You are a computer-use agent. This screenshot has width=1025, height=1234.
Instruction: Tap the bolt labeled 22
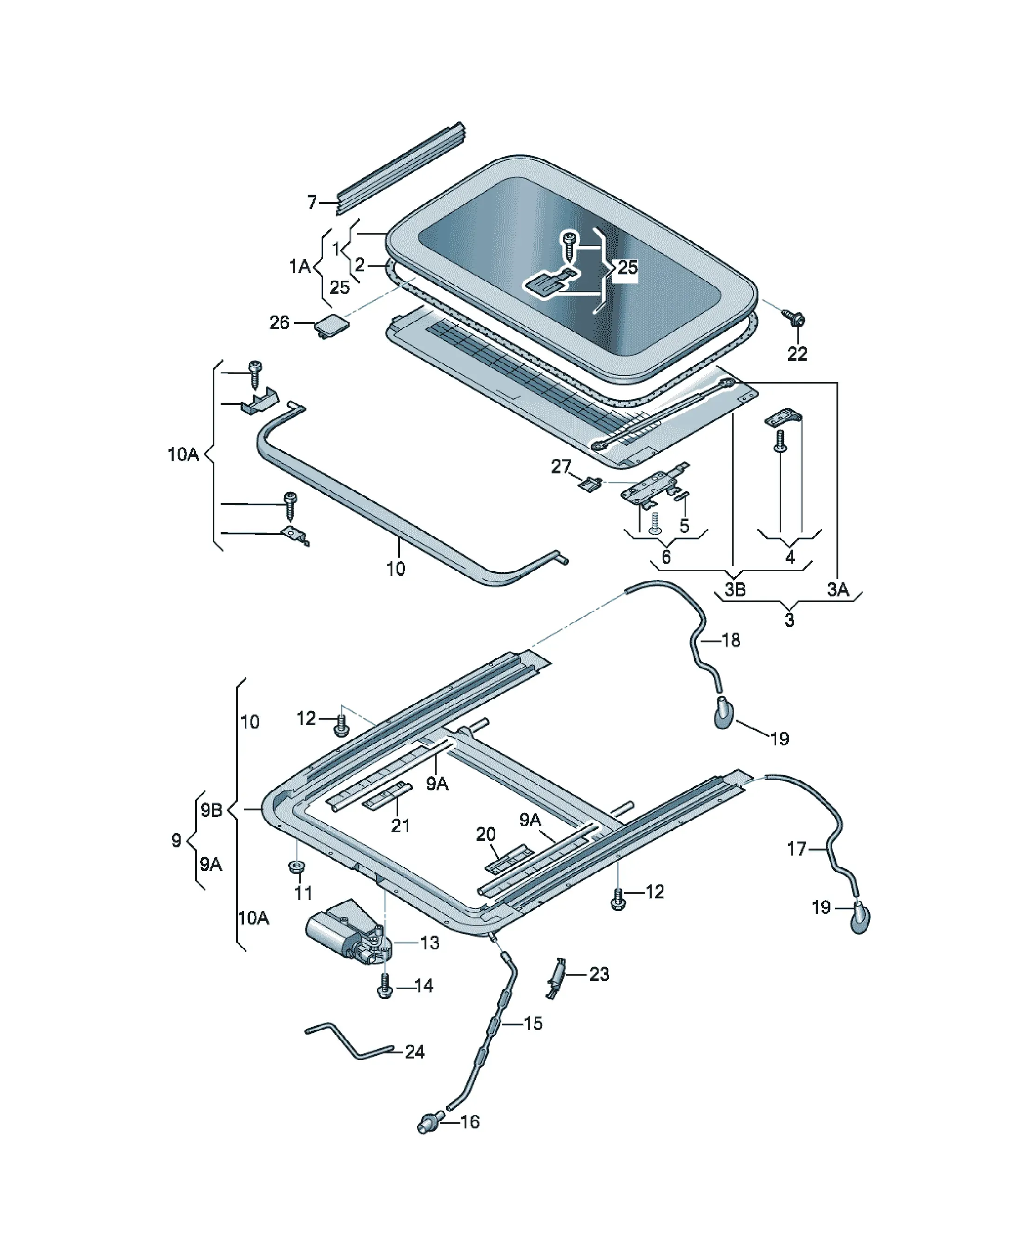pyautogui.click(x=794, y=319)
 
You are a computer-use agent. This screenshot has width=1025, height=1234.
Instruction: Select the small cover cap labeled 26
pyautogui.click(x=331, y=324)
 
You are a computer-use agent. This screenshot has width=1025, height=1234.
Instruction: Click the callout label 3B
pyautogui.click(x=735, y=589)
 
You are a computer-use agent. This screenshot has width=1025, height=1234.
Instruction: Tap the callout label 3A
pyautogui.click(x=838, y=589)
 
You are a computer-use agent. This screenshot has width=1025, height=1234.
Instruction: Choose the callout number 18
pyautogui.click(x=730, y=640)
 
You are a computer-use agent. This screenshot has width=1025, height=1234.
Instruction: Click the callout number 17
pyautogui.click(x=797, y=849)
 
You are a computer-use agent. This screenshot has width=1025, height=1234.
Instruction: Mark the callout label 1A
pyautogui.click(x=300, y=267)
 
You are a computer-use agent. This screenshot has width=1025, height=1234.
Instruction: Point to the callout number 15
pyautogui.click(x=533, y=1023)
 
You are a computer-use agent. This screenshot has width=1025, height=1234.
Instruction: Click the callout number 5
pyautogui.click(x=684, y=526)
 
